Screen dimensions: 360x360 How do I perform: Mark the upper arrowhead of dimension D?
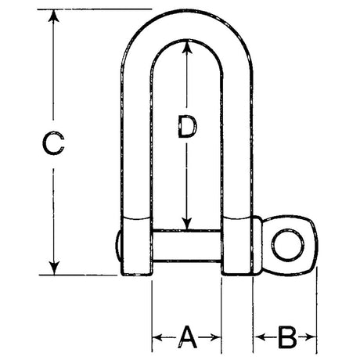186,48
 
